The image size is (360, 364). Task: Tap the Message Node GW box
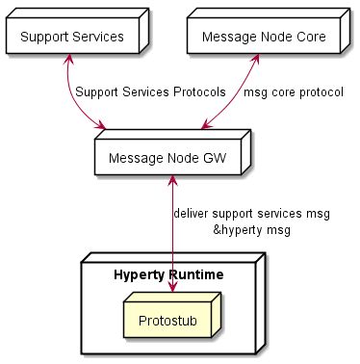click(167, 158)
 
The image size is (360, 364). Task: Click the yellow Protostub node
click(169, 319)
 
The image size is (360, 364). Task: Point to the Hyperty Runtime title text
click(168, 275)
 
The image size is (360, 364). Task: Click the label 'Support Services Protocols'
click(150, 92)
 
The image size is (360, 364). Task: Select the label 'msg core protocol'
click(294, 92)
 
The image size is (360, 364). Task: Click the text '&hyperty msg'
click(251, 230)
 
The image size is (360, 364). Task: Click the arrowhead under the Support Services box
click(66, 62)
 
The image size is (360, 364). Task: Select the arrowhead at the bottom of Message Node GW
click(172, 181)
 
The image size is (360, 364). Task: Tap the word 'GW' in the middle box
click(215, 158)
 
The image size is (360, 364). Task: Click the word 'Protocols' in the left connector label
click(197, 92)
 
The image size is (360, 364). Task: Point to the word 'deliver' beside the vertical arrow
click(191, 212)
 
